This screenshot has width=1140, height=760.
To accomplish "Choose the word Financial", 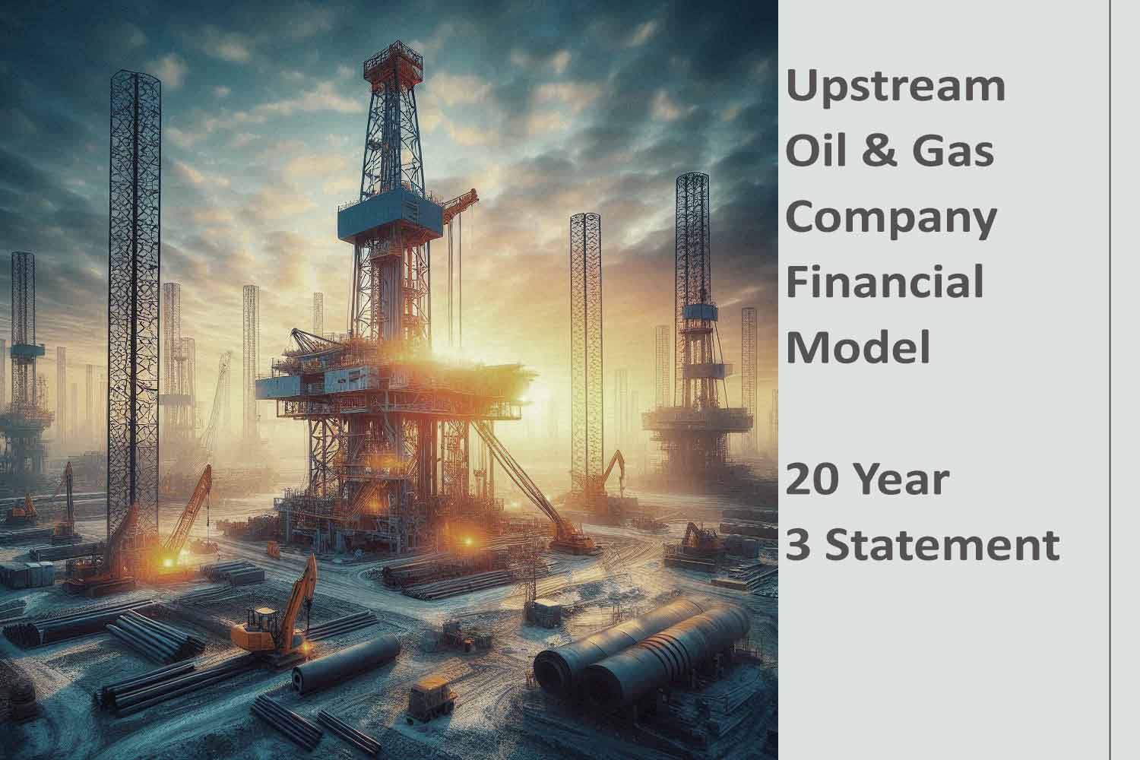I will [x=885, y=281].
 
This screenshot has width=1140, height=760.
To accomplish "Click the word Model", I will [x=858, y=347].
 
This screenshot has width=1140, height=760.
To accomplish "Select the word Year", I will [x=905, y=480].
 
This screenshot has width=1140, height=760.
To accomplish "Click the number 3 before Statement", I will [x=797, y=545].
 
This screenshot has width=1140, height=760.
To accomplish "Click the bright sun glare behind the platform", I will [x=524, y=380].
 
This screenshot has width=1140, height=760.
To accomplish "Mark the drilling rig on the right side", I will [x=692, y=365].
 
